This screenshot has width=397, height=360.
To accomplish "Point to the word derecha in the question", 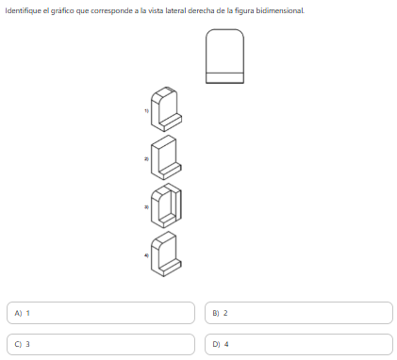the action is click(200, 10).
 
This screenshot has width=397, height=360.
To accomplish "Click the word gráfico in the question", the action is click(62, 11).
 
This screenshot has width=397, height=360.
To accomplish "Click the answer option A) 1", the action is click(101, 313).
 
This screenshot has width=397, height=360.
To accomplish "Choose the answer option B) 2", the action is click(299, 313).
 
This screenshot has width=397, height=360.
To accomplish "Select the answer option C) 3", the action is click(101, 344).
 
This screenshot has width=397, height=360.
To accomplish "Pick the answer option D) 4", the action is click(299, 344).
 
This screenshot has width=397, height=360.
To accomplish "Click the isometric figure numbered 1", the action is click(166, 109).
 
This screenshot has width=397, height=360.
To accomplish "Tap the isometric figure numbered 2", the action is click(166, 157).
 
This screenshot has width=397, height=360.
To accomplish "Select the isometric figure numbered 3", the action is click(166, 205).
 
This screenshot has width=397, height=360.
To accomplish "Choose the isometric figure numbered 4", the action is click(166, 254).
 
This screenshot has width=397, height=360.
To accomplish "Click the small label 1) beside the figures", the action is click(146, 110).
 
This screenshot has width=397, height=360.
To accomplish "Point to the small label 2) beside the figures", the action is click(146, 158).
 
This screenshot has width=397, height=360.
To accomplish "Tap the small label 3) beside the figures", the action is click(146, 207).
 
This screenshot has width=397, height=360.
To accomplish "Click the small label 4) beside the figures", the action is click(146, 255).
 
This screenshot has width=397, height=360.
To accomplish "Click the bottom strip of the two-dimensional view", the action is click(224, 78).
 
